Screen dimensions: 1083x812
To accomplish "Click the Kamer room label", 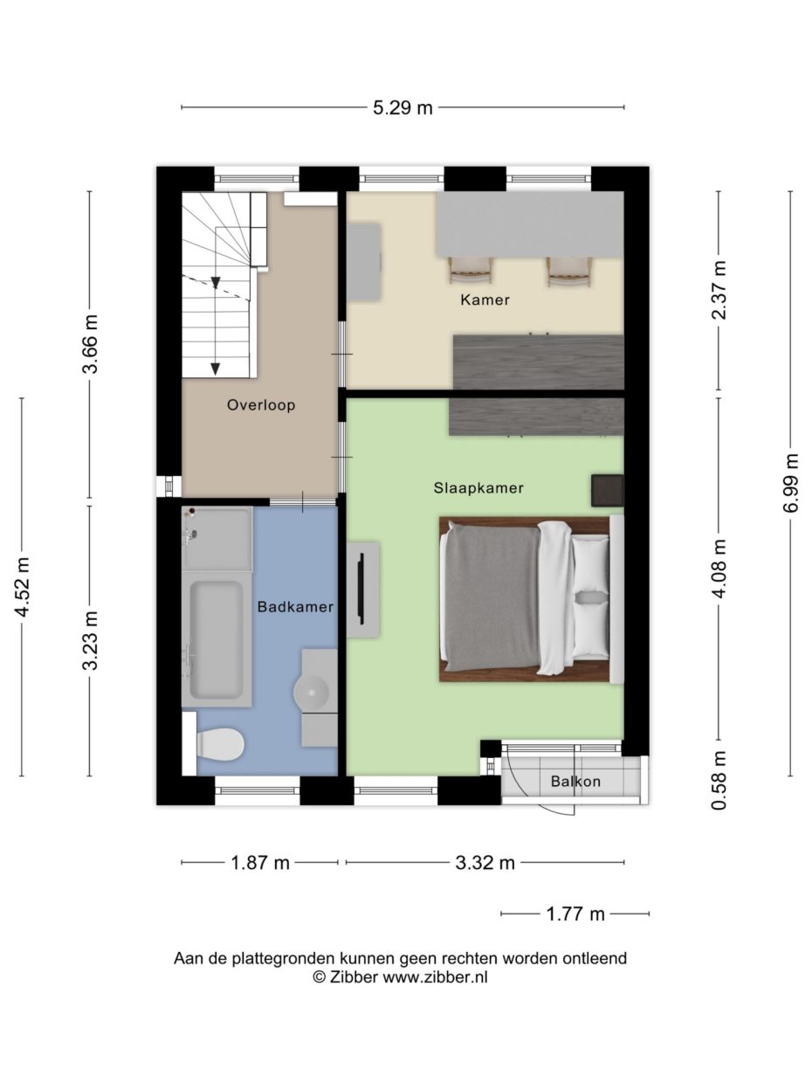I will pyautogui.click(x=485, y=300).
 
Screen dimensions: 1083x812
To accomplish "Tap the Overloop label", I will pyautogui.click(x=260, y=405).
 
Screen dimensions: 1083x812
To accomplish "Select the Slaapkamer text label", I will pyautogui.click(x=478, y=488).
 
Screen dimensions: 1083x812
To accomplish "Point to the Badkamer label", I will pyautogui.click(x=295, y=606).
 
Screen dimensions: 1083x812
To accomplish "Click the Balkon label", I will pyautogui.click(x=575, y=782).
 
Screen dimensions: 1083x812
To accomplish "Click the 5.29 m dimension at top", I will pyautogui.click(x=403, y=108).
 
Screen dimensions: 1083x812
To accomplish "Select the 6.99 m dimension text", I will pyautogui.click(x=791, y=484).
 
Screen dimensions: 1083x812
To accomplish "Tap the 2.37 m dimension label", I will pyautogui.click(x=719, y=290).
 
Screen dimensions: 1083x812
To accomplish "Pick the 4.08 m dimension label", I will pyautogui.click(x=719, y=569).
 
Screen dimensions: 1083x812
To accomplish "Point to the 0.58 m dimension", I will pyautogui.click(x=719, y=780).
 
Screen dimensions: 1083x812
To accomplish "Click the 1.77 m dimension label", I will pyautogui.click(x=575, y=914).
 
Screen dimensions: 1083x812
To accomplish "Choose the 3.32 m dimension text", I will pyautogui.click(x=485, y=863).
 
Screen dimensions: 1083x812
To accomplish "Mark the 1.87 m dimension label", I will pyautogui.click(x=260, y=863).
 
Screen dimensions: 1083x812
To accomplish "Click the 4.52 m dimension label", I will pyautogui.click(x=22, y=586).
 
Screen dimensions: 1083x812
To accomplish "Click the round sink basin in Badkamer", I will pyautogui.click(x=312, y=693).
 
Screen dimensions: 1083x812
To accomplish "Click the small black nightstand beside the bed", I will pyautogui.click(x=607, y=490).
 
